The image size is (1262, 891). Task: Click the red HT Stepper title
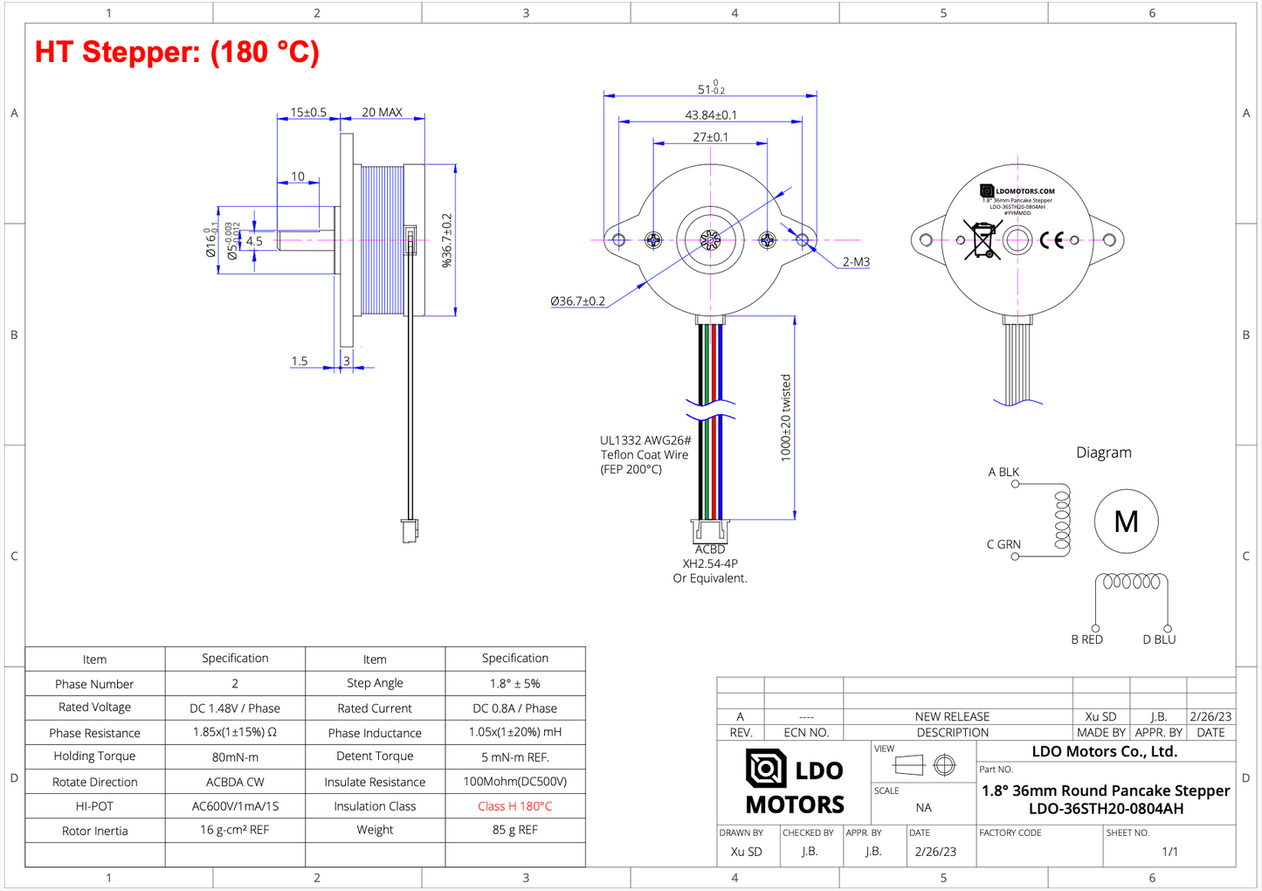177,52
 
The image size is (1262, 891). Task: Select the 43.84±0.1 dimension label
710,115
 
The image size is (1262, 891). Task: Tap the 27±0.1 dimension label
710,137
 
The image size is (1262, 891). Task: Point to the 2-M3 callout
855,262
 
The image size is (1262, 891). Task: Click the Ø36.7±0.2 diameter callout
577,301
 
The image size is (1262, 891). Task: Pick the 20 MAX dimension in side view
382,113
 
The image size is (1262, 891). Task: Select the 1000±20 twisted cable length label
785,418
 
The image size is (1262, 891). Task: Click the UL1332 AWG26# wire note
645,441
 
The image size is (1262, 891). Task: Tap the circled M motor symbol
1126,521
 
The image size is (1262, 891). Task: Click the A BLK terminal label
1003,473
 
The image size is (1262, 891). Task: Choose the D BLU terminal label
1158,639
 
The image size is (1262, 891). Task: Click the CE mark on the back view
1052,240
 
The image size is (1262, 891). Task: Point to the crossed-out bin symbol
983,240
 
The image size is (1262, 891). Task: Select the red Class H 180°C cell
514,806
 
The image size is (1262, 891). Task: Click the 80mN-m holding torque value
235,757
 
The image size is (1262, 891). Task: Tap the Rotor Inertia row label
94,831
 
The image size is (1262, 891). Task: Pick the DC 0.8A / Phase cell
514,708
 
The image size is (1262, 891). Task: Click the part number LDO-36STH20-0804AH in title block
1106,809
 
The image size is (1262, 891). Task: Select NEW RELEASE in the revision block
952,716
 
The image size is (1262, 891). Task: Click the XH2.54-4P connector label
709,563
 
